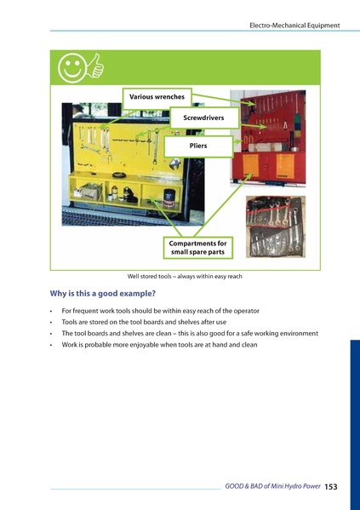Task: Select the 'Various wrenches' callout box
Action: pyautogui.click(x=157, y=97)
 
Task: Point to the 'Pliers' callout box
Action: pyautogui.click(x=198, y=146)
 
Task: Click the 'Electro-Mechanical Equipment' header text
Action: pyautogui.click(x=294, y=26)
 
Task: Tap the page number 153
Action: pyautogui.click(x=331, y=486)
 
